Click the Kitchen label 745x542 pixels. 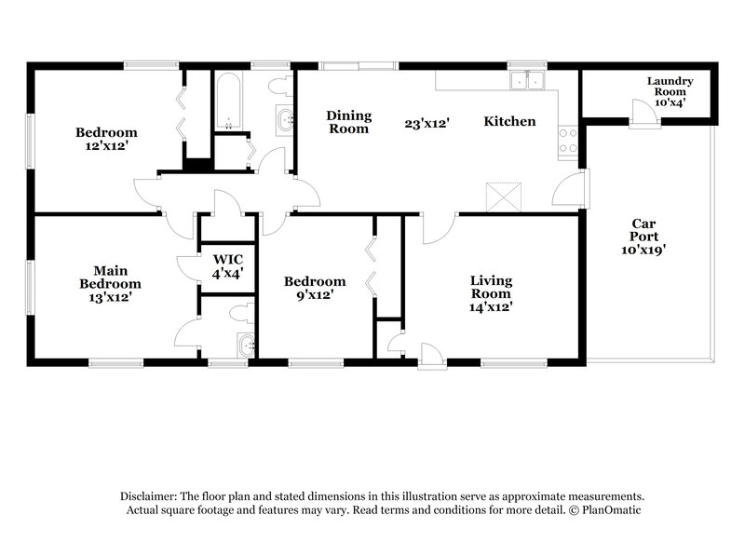click(x=509, y=122)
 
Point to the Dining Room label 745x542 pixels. click(x=348, y=122)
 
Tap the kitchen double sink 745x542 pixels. click(x=526, y=82)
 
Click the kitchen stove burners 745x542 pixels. click(x=567, y=141)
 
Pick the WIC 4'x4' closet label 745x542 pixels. click(x=228, y=266)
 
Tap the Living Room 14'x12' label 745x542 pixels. click(x=491, y=292)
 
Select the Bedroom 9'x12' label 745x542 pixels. click(x=315, y=288)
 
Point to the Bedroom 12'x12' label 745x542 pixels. click(x=106, y=140)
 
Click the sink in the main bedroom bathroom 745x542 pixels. click(x=246, y=346)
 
